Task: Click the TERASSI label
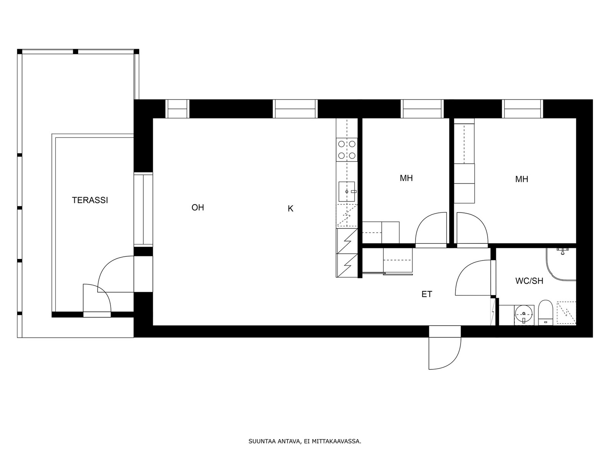pos(90,200)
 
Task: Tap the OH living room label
pos(197,207)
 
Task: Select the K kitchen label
pos(291,208)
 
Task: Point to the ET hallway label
pos(427,294)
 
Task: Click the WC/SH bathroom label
pos(529,281)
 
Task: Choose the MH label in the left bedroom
pos(406,178)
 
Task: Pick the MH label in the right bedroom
pos(521,179)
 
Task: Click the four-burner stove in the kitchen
pos(347,150)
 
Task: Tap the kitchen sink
pos(347,192)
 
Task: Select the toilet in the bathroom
pos(546,312)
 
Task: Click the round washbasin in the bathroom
pos(524,314)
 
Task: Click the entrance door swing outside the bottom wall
pos(445,353)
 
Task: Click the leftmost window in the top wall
pos(177,109)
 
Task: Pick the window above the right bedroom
pos(522,109)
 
